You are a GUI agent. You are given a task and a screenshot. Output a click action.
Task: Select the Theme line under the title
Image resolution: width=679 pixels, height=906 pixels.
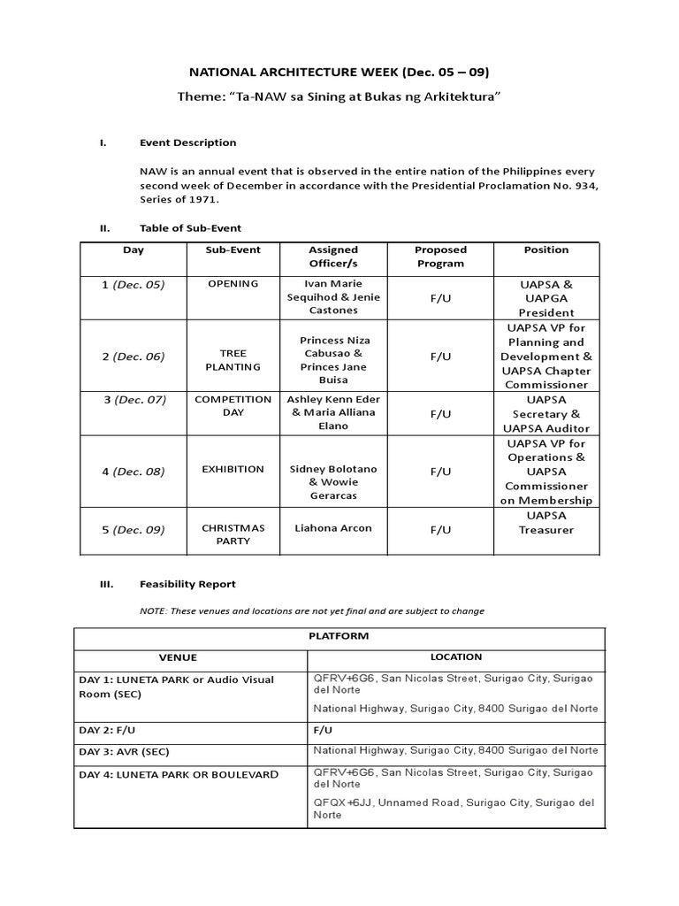[x=339, y=96]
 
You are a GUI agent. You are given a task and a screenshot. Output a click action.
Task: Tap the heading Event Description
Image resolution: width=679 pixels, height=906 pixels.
[x=187, y=142]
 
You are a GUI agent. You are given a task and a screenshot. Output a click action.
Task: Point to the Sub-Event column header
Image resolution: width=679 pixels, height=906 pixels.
[x=233, y=250]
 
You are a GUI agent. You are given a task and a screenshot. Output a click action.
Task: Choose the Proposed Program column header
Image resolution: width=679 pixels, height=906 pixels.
[x=440, y=257]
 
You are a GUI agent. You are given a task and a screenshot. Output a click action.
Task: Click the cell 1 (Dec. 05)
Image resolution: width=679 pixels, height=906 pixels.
[x=134, y=284]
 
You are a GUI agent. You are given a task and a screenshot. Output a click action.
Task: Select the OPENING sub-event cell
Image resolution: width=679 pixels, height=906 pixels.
[x=233, y=284]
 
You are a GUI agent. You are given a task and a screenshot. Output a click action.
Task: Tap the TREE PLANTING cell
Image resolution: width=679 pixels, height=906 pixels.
[x=233, y=359]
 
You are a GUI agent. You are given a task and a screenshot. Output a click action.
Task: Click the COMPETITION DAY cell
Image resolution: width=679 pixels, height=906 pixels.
[x=233, y=406]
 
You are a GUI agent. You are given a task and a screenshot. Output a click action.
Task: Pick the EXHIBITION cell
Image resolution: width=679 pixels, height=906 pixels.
[x=233, y=469]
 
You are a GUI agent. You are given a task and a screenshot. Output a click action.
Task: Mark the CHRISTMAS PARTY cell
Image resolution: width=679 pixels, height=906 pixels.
[x=233, y=534]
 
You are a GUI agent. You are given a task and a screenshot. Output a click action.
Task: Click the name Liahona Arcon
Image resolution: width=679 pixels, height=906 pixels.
[x=333, y=528]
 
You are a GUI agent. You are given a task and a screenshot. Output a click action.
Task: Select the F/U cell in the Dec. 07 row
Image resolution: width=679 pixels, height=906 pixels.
[x=440, y=413]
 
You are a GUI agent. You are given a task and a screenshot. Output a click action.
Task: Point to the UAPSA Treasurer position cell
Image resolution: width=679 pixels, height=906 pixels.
[x=545, y=522]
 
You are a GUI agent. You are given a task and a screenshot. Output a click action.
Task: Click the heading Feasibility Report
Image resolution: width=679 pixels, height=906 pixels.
[x=187, y=584]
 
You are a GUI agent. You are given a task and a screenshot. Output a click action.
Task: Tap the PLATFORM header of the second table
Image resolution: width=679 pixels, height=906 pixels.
[x=339, y=636]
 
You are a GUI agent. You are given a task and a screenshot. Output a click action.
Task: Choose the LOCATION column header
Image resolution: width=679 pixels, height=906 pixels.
[x=456, y=657]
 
